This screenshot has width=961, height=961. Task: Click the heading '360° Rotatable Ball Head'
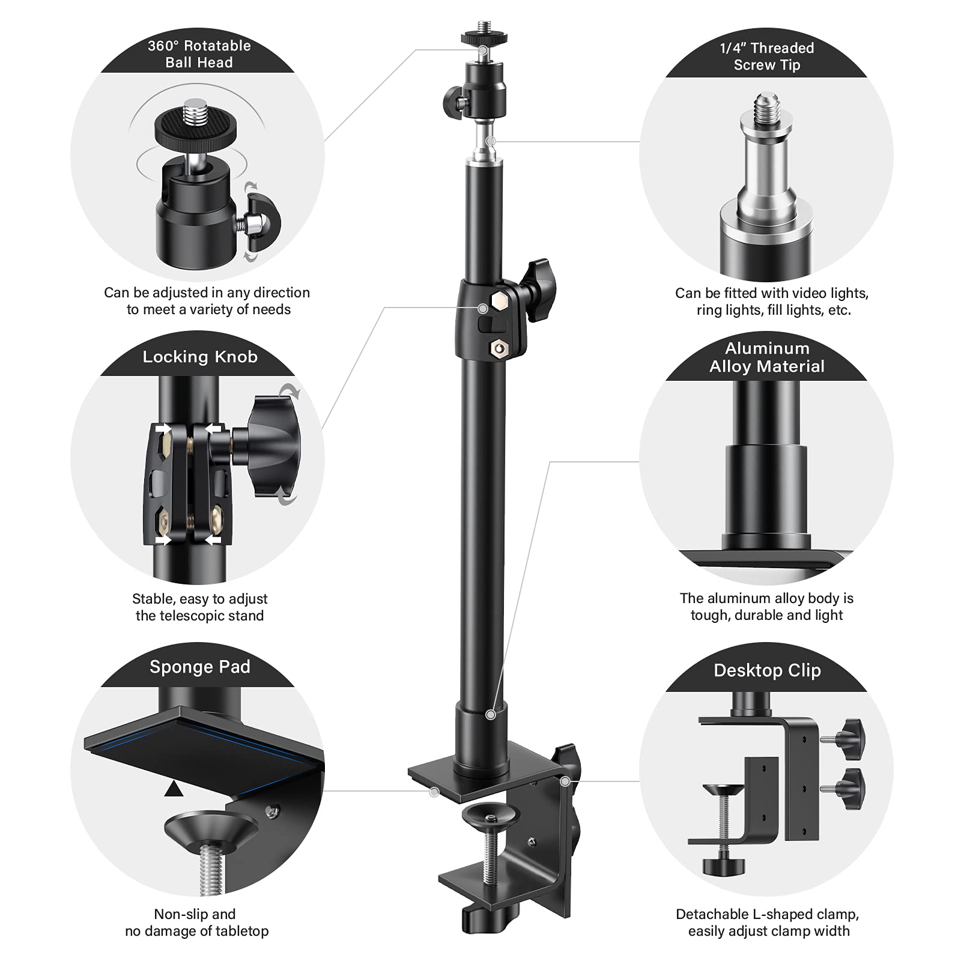(199, 54)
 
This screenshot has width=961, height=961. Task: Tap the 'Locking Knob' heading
(199, 357)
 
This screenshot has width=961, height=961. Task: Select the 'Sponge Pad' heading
(199, 667)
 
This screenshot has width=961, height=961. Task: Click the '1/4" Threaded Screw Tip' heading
(766, 56)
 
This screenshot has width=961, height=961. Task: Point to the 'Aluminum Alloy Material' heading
(766, 357)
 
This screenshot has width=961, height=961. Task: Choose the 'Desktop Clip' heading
(766, 670)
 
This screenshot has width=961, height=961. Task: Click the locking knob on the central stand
(539, 282)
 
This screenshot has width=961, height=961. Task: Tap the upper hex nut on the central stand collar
(499, 301)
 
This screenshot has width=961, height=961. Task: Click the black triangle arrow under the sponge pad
(174, 789)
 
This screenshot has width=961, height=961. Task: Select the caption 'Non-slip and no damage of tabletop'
(196, 923)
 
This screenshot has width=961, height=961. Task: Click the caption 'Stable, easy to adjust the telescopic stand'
(199, 607)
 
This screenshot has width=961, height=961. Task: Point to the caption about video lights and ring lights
(772, 302)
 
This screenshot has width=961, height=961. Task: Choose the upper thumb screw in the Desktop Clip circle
(849, 736)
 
